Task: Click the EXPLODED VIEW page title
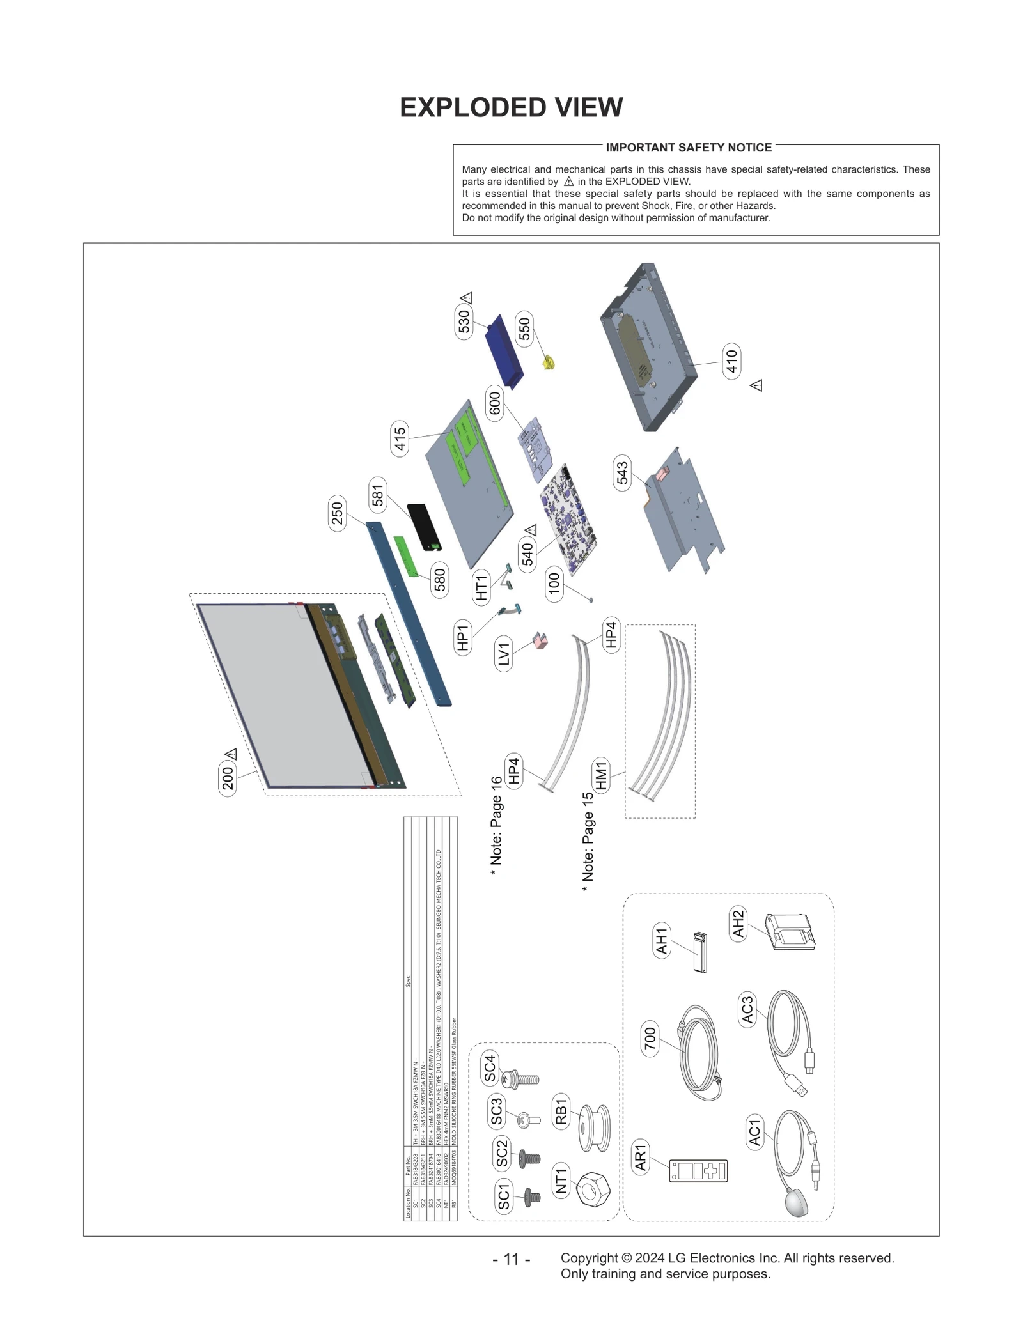pos(511,107)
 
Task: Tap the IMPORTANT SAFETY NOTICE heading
pos(689,148)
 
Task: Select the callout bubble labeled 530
pos(464,321)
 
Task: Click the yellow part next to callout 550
pos(548,364)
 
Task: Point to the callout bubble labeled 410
pos(731,361)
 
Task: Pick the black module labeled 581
pos(425,527)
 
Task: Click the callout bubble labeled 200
pos(228,778)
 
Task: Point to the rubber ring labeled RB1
pos(594,1129)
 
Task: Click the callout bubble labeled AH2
pos(738,923)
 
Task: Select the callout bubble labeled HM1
pos(601,775)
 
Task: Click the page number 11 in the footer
pos(511,1258)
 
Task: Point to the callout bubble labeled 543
pos(623,472)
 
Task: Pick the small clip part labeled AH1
pos(699,952)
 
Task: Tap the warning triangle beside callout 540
pos(531,530)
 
